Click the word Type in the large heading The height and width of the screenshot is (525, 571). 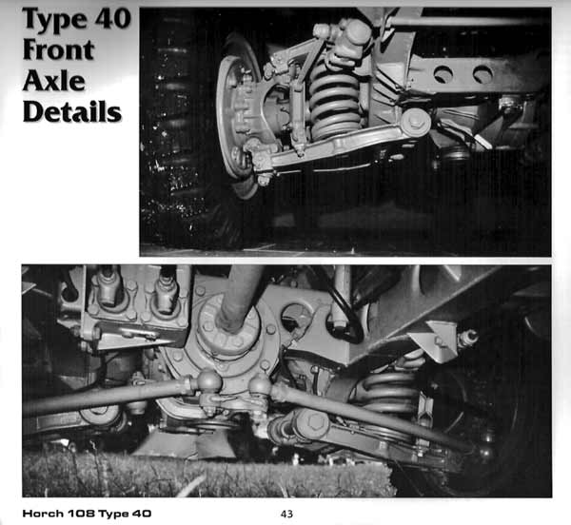[x=54, y=21]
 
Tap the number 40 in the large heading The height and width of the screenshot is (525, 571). [x=113, y=18]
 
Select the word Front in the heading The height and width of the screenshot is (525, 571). [x=58, y=49]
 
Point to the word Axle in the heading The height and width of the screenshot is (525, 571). [x=54, y=81]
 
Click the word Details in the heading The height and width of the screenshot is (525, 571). [x=71, y=111]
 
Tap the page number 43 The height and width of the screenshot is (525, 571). [x=286, y=514]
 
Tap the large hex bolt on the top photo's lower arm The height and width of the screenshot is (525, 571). [x=415, y=121]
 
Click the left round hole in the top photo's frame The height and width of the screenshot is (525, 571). [x=443, y=74]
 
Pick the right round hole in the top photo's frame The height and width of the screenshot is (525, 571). [x=482, y=73]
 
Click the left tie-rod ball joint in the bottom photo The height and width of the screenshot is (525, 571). [x=208, y=380]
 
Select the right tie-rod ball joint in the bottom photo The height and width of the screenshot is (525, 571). [x=259, y=385]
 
